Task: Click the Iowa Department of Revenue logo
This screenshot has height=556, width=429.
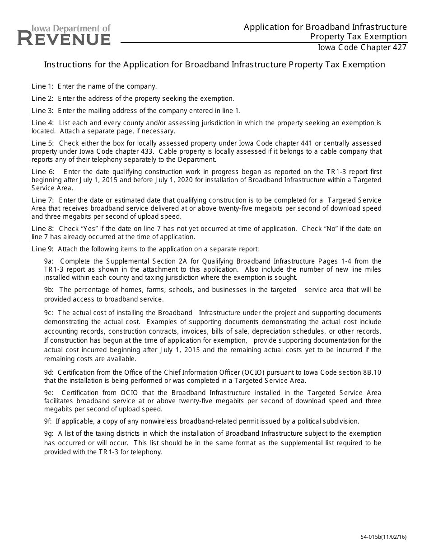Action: coord(64,35)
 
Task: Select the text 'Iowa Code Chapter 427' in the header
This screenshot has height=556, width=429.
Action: coord(362,47)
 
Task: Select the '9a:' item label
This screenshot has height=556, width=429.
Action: coord(49,261)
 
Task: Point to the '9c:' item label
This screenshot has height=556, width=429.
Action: coord(49,313)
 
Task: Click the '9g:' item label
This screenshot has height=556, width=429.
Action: coord(49,433)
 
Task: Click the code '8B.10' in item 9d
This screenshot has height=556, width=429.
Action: coord(372,372)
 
